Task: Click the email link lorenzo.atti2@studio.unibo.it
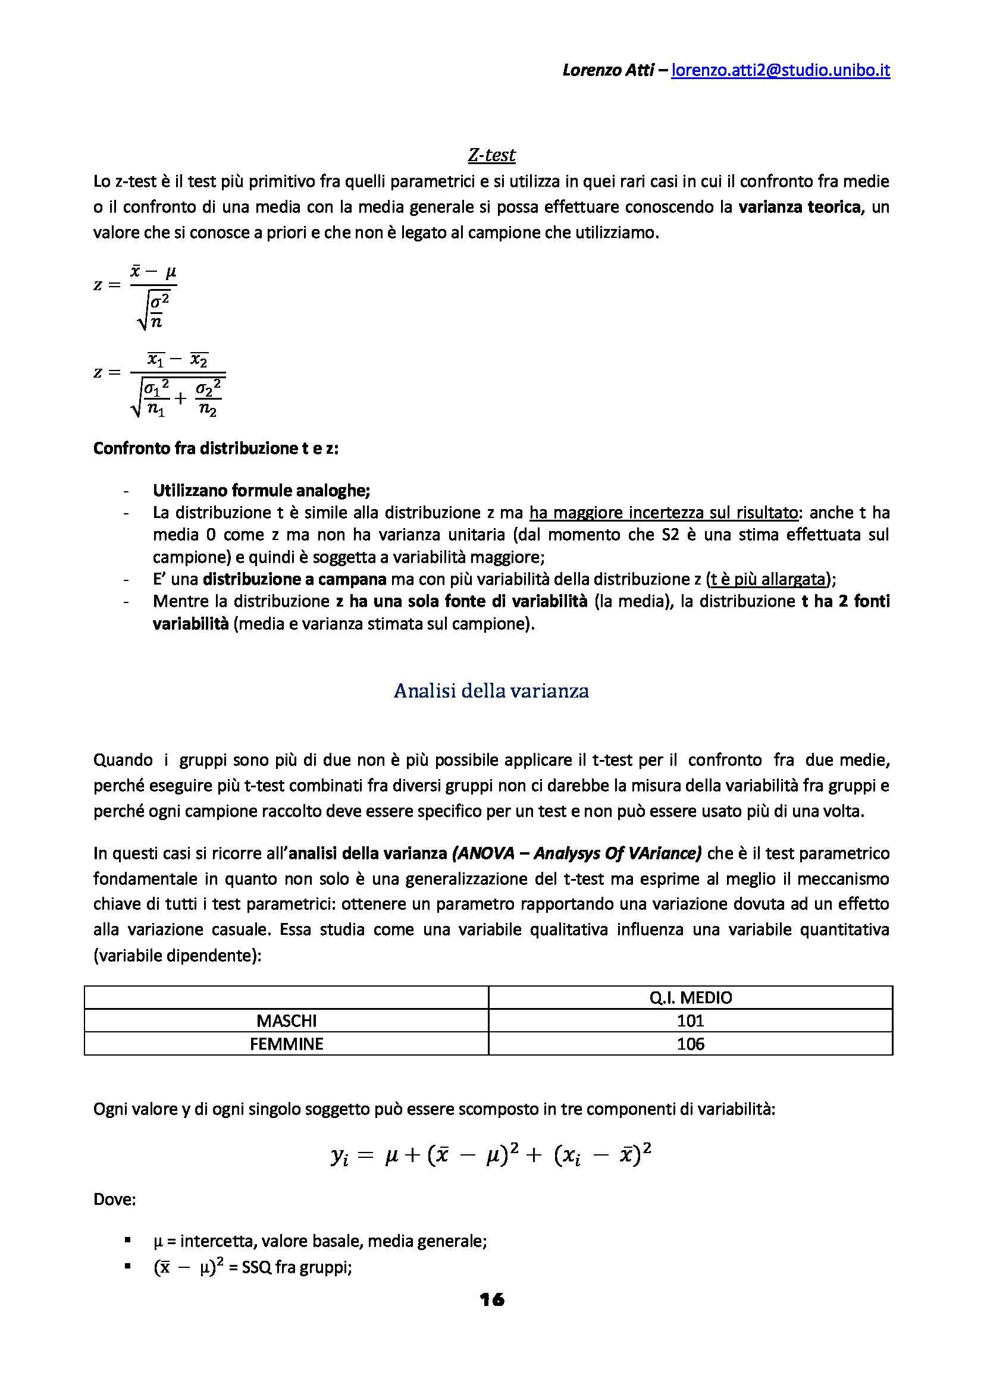781,71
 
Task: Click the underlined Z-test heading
491,155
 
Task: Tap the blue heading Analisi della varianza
491,690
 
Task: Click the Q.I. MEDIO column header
690,997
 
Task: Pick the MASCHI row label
287,1021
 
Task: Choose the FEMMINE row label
287,1044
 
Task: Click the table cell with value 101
690,1021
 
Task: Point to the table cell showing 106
690,1044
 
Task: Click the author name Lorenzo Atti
608,71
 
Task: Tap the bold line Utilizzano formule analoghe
261,490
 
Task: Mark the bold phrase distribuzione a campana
294,579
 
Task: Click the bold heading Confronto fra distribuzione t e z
217,449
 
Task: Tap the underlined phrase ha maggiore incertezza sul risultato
663,513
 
